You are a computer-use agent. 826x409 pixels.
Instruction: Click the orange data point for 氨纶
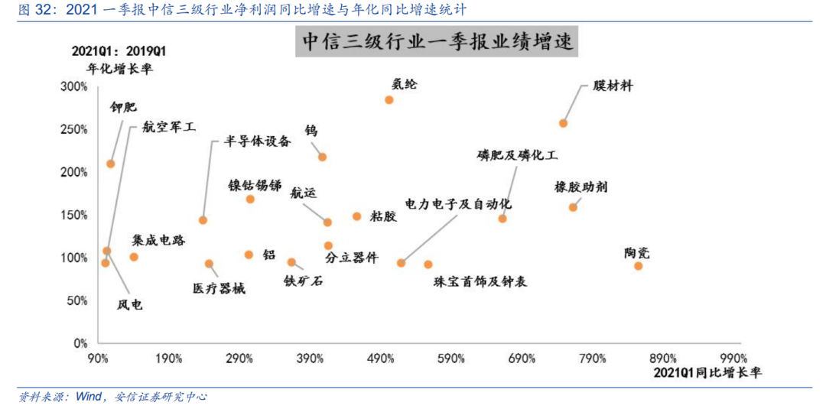(x=389, y=100)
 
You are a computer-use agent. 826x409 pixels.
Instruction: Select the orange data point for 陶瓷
(x=638, y=265)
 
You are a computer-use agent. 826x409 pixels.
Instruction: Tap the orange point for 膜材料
(x=563, y=123)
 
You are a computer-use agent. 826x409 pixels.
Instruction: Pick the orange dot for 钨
(x=322, y=157)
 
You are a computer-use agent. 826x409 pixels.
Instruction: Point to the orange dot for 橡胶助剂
(x=573, y=207)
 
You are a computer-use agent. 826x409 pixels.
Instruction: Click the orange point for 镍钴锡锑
(x=250, y=200)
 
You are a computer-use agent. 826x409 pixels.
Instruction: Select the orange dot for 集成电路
(x=134, y=257)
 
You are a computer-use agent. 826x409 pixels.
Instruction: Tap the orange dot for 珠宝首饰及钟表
(x=428, y=265)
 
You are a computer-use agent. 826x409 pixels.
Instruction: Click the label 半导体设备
(x=258, y=141)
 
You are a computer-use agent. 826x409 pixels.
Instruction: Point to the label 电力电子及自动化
(x=458, y=204)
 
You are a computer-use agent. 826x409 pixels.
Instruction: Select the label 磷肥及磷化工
(x=517, y=155)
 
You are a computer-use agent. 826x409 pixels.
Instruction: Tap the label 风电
(x=129, y=304)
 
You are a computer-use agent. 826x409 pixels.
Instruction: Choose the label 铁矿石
(x=303, y=281)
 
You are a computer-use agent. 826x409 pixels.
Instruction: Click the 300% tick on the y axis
(x=74, y=87)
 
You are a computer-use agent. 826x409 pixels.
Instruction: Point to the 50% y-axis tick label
(x=77, y=300)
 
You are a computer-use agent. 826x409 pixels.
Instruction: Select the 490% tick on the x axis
(x=380, y=358)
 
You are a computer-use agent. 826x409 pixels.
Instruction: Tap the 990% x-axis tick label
(x=733, y=358)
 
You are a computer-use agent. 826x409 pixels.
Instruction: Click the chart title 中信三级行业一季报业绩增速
(x=437, y=42)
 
